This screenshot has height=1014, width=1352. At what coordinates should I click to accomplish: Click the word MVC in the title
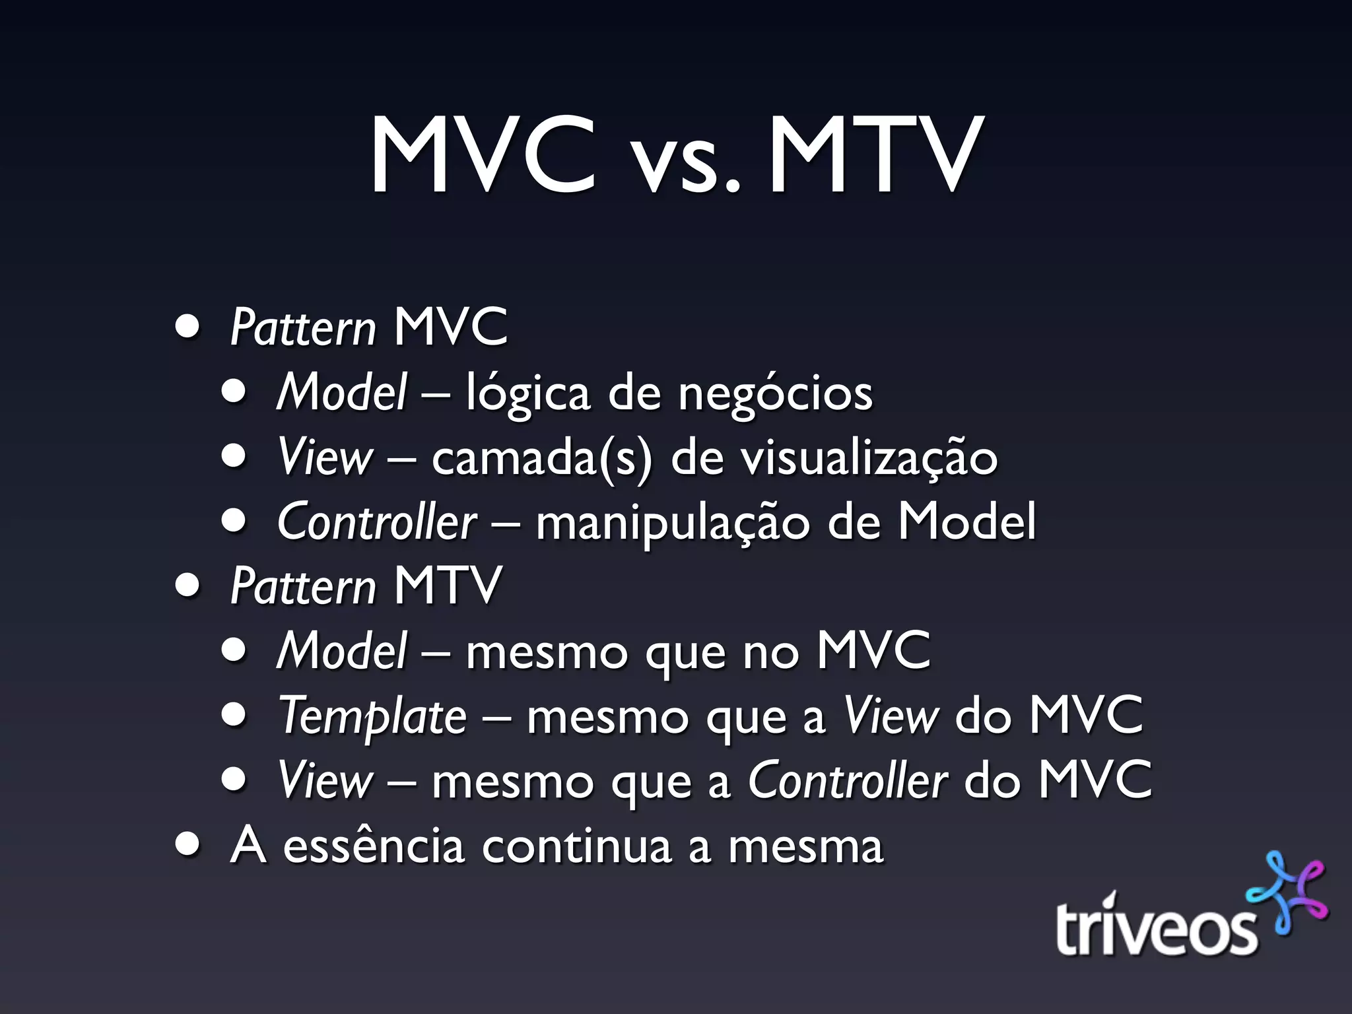click(483, 156)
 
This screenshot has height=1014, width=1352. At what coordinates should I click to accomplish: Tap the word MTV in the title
click(872, 156)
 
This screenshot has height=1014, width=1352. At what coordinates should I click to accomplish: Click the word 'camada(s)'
click(541, 458)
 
